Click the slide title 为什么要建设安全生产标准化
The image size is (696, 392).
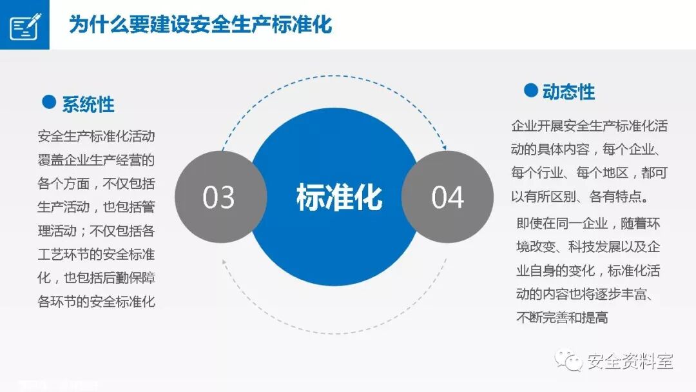tap(200, 25)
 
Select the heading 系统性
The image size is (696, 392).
tap(88, 104)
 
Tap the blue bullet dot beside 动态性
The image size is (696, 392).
tap(530, 90)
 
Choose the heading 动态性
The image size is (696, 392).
tap(569, 92)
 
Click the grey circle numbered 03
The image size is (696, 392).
tap(220, 197)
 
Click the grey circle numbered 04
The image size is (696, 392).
tap(447, 197)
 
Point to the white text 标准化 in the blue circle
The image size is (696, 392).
tap(339, 197)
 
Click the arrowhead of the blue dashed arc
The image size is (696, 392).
tap(443, 148)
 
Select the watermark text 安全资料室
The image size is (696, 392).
tap(630, 361)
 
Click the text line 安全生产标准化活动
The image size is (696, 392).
tap(96, 136)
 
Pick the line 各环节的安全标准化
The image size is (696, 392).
tap(96, 301)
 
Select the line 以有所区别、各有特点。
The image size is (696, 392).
tap(584, 196)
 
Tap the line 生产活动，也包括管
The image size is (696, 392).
tap(96, 207)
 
